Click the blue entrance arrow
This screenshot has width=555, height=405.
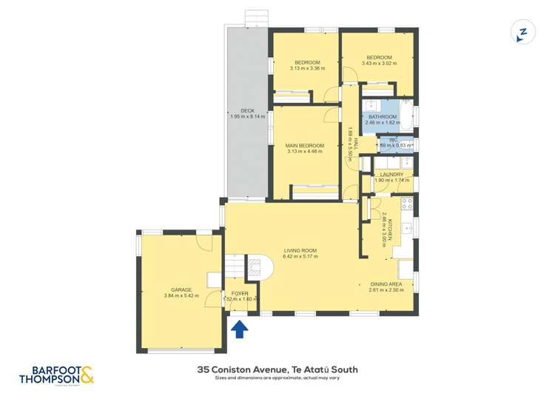click(x=240, y=329)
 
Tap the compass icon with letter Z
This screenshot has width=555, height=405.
click(x=522, y=33)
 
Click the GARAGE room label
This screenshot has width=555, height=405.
click(x=181, y=289)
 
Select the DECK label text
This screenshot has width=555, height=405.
click(x=247, y=111)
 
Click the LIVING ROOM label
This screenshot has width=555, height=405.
click(x=300, y=250)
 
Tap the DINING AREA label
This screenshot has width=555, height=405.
click(x=386, y=284)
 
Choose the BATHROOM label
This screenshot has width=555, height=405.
click(x=386, y=116)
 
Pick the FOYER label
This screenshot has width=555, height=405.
click(x=240, y=293)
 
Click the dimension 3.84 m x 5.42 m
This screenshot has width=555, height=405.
click(x=181, y=296)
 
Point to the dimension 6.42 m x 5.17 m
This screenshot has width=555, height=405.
click(x=300, y=257)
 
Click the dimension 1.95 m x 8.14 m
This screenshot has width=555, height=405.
click(x=247, y=117)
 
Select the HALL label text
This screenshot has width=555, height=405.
click(x=356, y=142)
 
